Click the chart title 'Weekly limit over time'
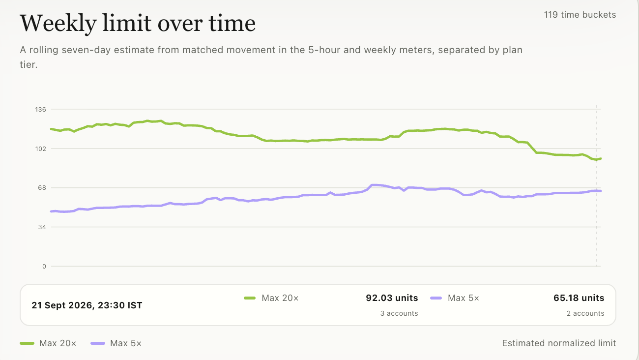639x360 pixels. click(x=138, y=24)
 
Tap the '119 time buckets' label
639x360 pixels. click(x=580, y=15)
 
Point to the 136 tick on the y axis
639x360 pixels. click(x=40, y=109)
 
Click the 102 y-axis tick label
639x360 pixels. click(x=40, y=149)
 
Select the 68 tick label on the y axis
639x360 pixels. click(x=42, y=188)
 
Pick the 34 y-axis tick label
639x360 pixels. click(x=42, y=227)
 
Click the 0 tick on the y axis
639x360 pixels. click(x=44, y=267)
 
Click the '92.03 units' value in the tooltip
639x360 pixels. click(x=392, y=298)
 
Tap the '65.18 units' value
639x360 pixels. click(x=579, y=298)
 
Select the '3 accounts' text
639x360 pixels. click(x=399, y=313)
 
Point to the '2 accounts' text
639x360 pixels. click(x=585, y=313)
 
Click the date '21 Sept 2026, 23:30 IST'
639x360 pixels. click(x=87, y=305)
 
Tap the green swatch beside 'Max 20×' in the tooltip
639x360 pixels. click(x=250, y=299)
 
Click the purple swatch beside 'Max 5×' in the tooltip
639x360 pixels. click(x=436, y=299)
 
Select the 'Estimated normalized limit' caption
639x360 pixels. click(x=559, y=343)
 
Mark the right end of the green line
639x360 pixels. click(x=601, y=159)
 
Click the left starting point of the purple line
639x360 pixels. click(x=51, y=211)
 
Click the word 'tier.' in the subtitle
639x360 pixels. click(x=29, y=65)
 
